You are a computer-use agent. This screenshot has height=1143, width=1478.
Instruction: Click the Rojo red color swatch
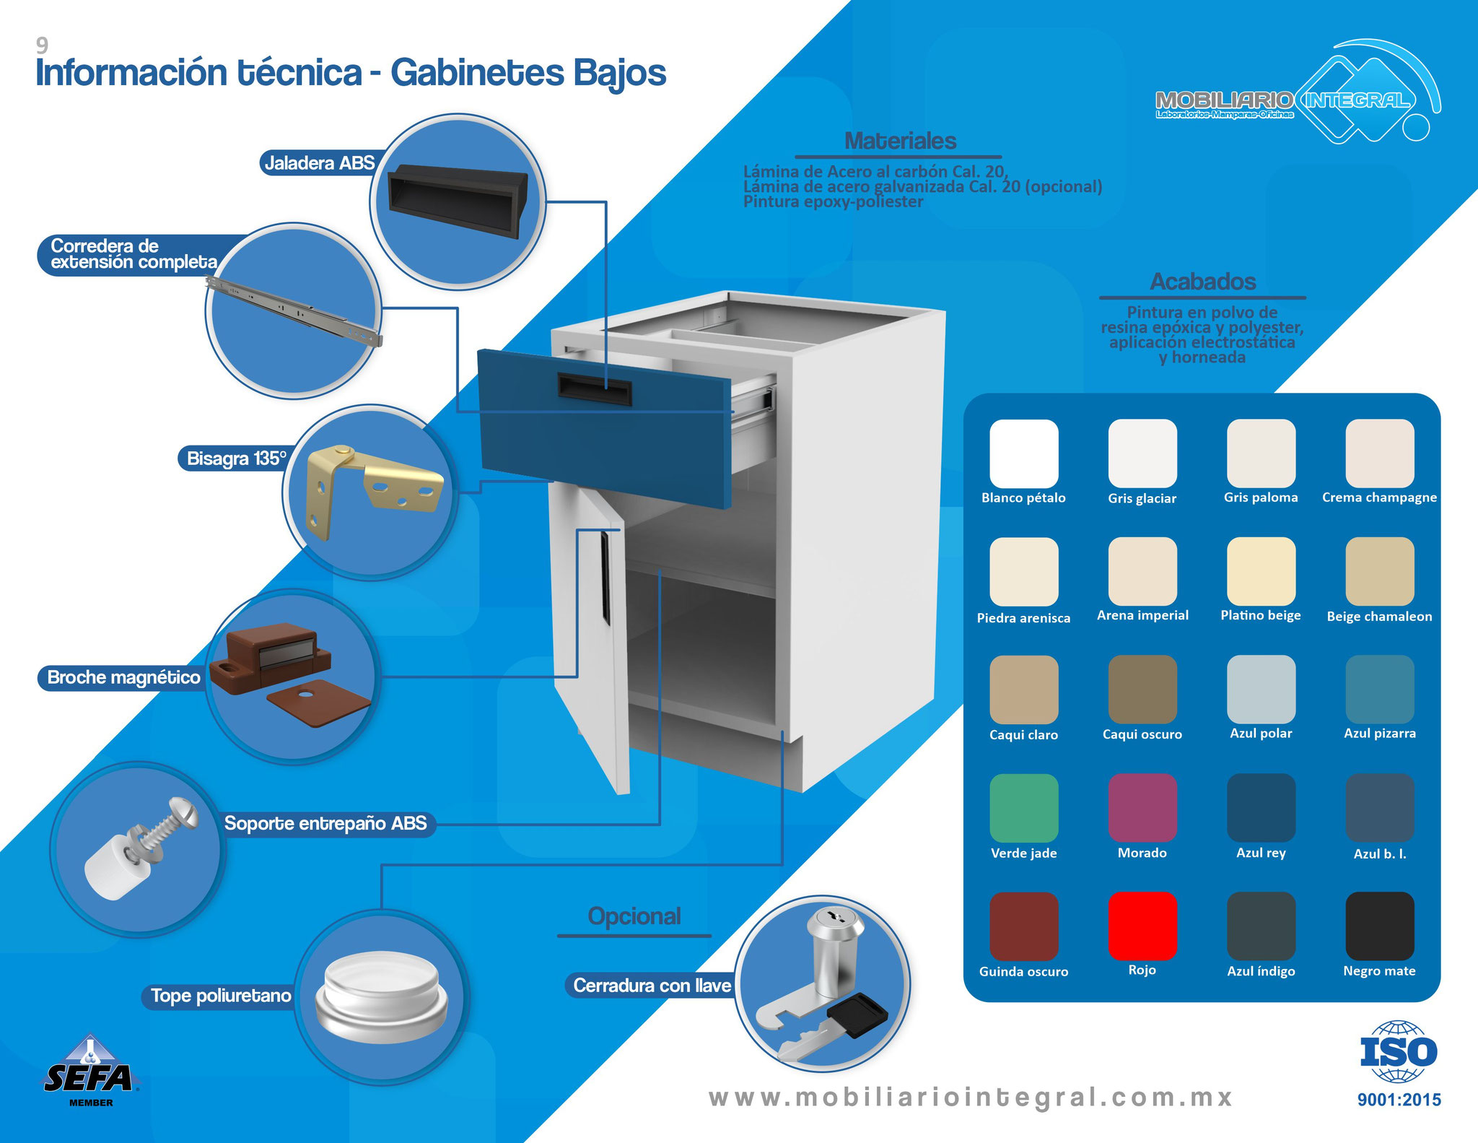tap(1142, 926)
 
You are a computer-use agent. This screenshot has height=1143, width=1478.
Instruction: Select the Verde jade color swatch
tap(1024, 808)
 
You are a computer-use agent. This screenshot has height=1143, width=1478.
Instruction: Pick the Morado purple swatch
tap(1142, 808)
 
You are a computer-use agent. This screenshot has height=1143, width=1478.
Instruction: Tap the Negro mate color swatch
tap(1380, 926)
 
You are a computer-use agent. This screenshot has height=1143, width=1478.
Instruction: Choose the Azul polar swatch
tap(1261, 690)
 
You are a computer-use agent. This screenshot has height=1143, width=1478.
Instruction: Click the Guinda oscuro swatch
tap(1024, 926)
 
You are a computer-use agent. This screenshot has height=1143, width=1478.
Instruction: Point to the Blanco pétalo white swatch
tap(1024, 453)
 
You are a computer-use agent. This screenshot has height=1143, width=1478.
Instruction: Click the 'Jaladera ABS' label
tap(319, 162)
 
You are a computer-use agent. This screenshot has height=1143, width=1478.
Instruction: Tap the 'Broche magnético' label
tap(123, 677)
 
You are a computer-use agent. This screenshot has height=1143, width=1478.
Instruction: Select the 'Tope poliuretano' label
tap(220, 996)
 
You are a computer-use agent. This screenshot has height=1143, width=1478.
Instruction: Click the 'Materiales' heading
tap(900, 141)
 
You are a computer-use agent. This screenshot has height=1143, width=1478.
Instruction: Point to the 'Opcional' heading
tap(634, 916)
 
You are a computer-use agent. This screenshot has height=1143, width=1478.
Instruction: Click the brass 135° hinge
tap(373, 490)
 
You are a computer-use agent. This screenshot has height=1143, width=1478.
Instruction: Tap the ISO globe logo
tap(1399, 1051)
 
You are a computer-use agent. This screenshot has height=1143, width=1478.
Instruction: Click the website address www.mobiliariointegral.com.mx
tap(971, 1098)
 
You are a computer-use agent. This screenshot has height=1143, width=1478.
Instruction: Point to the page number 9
tap(43, 45)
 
